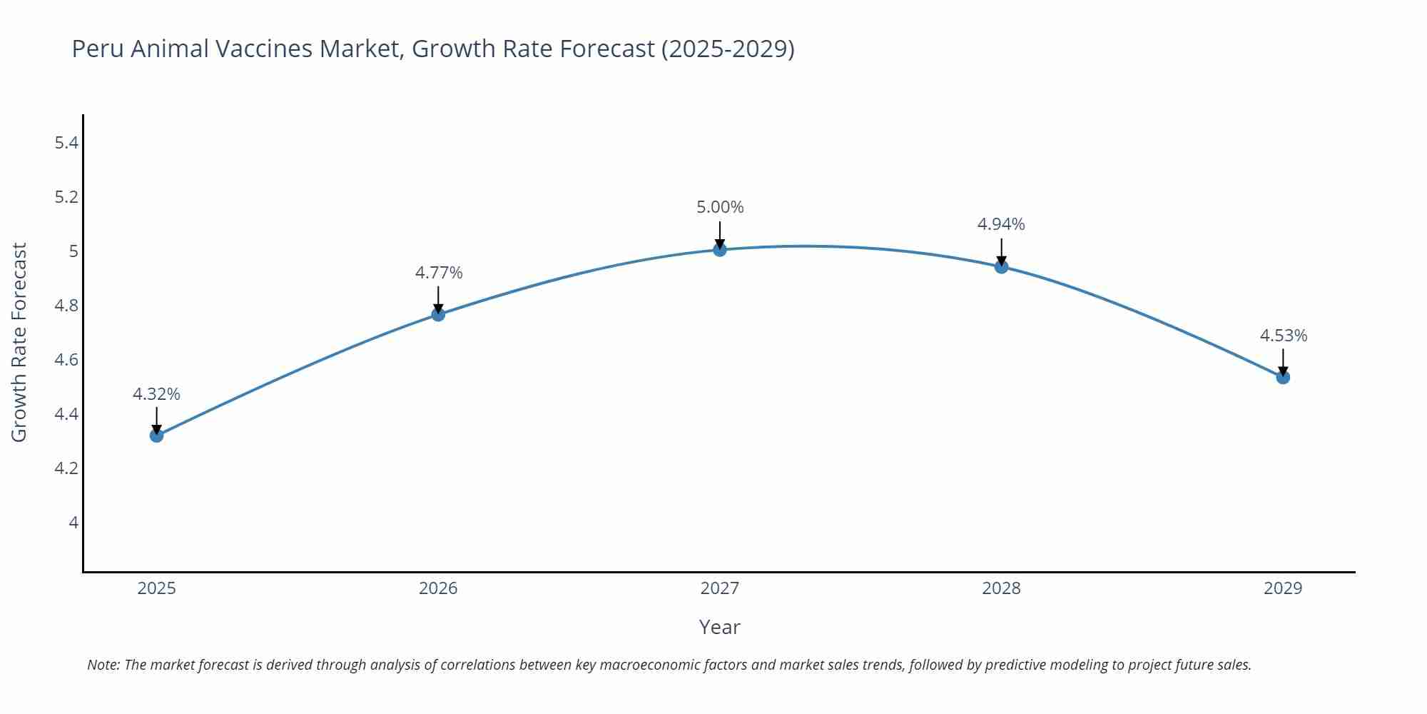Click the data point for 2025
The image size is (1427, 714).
click(x=157, y=436)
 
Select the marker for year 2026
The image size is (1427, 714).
click(x=438, y=314)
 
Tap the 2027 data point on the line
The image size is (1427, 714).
click(x=720, y=249)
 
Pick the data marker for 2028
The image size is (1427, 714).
click(x=1001, y=267)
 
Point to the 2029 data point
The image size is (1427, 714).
click(x=1283, y=377)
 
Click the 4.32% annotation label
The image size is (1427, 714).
click(x=156, y=394)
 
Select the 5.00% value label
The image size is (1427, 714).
click(x=720, y=207)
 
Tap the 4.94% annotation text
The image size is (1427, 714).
click(x=1001, y=224)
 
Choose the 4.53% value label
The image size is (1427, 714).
click(x=1283, y=336)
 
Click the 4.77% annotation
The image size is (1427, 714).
click(x=439, y=273)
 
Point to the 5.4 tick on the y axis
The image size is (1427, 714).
click(x=66, y=143)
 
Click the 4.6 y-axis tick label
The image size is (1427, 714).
click(x=66, y=360)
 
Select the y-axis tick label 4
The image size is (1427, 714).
click(x=73, y=523)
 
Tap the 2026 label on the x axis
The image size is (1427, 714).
click(x=438, y=588)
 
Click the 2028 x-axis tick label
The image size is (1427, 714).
click(x=1001, y=588)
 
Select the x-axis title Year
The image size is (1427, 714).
click(x=719, y=627)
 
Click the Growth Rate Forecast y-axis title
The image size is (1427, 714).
click(x=19, y=342)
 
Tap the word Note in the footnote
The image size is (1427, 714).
click(x=103, y=665)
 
